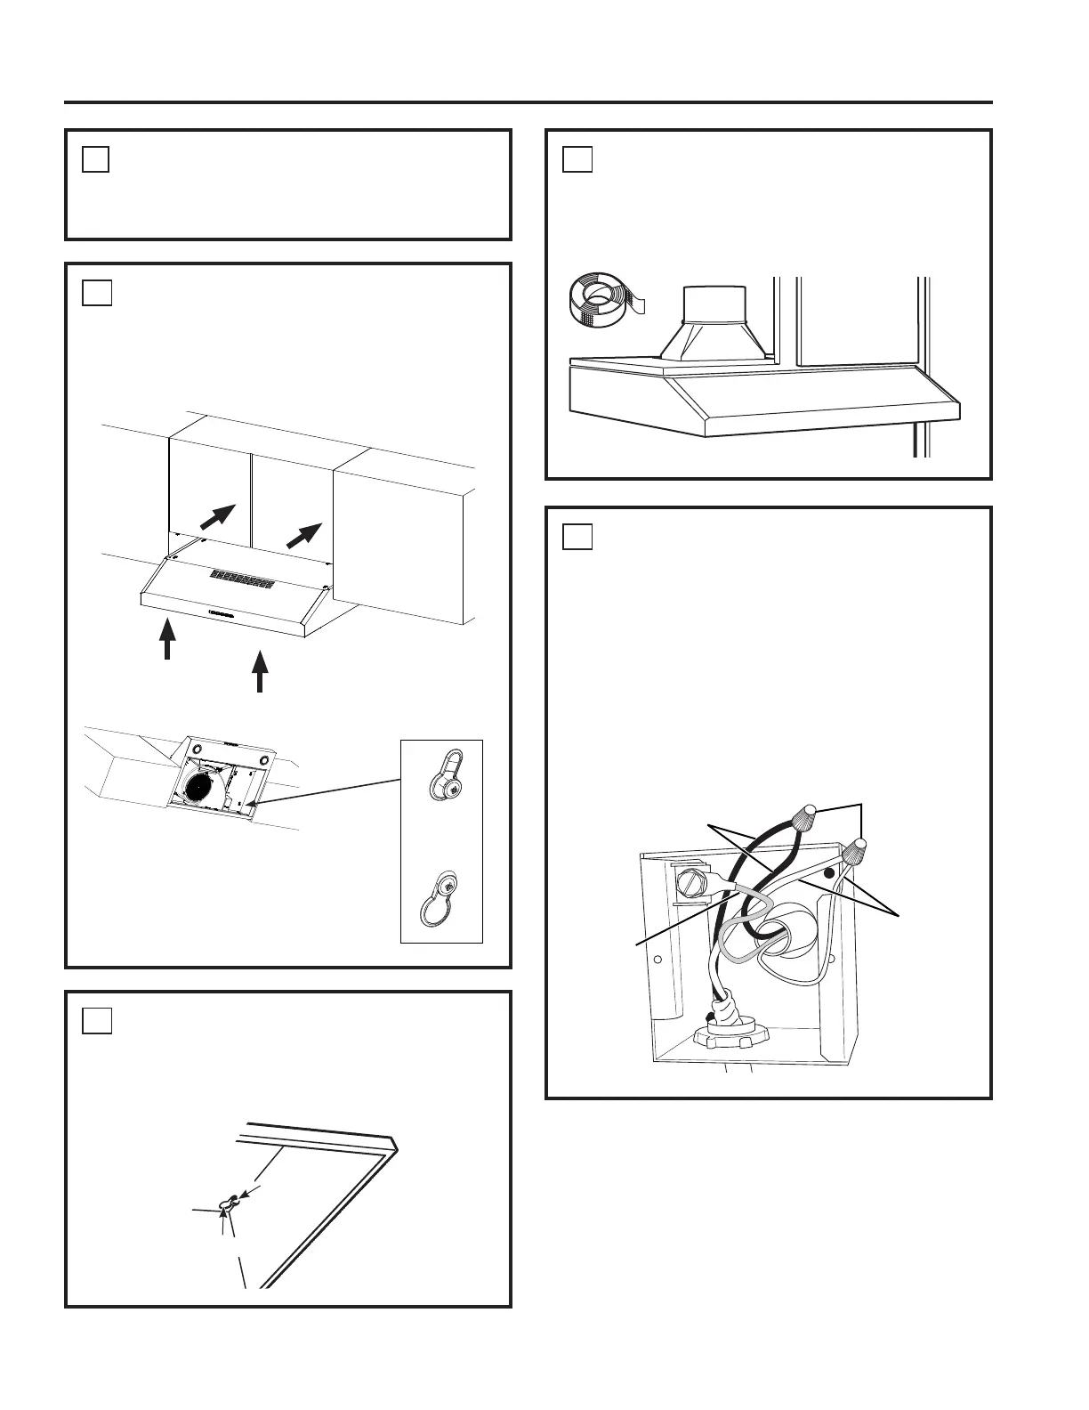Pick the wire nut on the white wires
point(857,853)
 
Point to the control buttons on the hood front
point(219,612)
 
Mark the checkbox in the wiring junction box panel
point(577,537)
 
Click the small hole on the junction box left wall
point(657,960)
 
